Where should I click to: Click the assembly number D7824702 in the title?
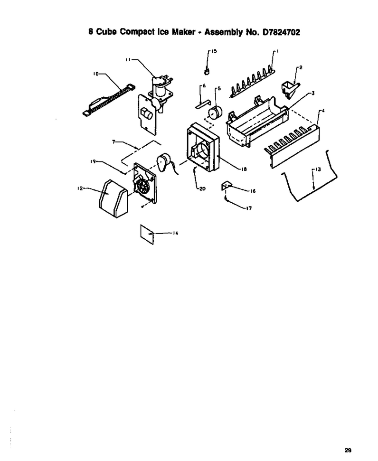click(x=281, y=32)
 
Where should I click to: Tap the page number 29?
click(x=348, y=450)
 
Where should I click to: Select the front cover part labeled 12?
click(x=113, y=199)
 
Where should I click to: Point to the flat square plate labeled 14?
click(x=147, y=235)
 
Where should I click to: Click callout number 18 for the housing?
click(x=244, y=169)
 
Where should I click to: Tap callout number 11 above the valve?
click(x=128, y=60)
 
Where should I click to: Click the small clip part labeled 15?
click(x=207, y=71)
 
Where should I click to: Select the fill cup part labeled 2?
click(x=290, y=89)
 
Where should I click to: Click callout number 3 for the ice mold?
click(x=313, y=93)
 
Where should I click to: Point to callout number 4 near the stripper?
click(x=323, y=111)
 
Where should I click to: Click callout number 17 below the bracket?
click(x=249, y=208)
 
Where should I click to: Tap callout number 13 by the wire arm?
click(x=318, y=169)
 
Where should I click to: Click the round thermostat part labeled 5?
click(x=215, y=113)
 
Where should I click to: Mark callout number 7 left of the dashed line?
click(x=114, y=141)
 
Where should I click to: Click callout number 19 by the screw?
click(x=93, y=161)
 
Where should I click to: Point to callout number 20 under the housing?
click(x=202, y=189)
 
